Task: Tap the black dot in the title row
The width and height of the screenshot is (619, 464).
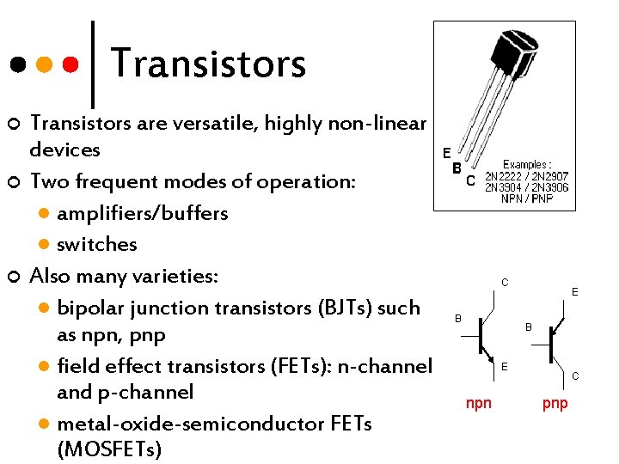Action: pyautogui.click(x=16, y=64)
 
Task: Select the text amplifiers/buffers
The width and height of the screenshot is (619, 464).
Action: pyautogui.click(x=142, y=212)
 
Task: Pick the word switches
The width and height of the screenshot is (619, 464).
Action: pyautogui.click(x=96, y=244)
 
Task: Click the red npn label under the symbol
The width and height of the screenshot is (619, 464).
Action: pyautogui.click(x=479, y=403)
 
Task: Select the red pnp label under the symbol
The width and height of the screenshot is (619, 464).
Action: pyautogui.click(x=555, y=403)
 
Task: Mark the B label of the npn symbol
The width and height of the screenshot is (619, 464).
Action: pyautogui.click(x=458, y=319)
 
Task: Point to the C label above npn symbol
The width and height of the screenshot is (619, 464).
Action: pyautogui.click(x=505, y=282)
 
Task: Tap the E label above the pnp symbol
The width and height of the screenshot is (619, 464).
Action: pyautogui.click(x=574, y=293)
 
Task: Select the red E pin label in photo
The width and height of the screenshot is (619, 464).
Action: pyautogui.click(x=446, y=153)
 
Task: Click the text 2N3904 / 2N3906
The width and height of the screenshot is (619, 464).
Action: pyautogui.click(x=526, y=187)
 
